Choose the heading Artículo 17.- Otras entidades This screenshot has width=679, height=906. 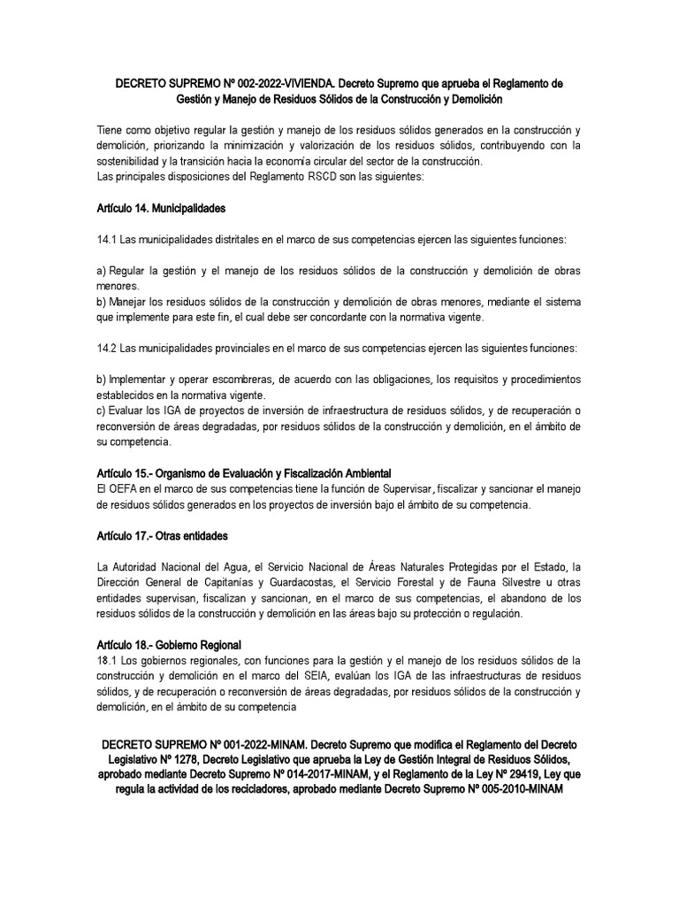[x=163, y=535]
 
